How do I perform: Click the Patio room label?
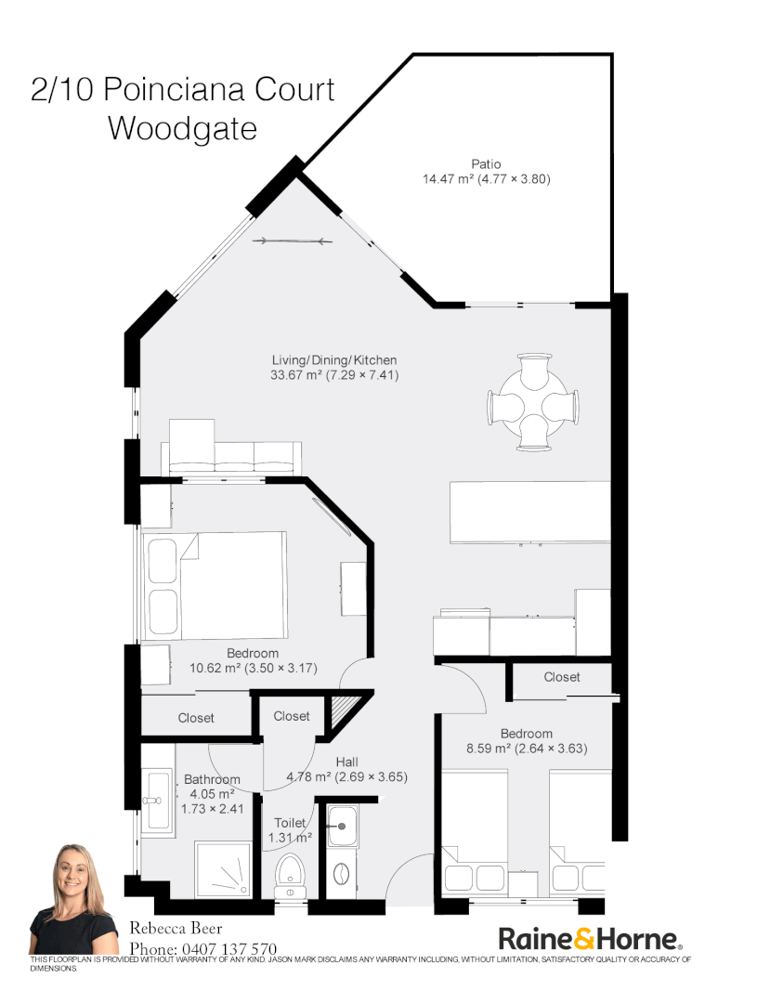[x=486, y=164]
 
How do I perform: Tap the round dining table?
[x=533, y=403]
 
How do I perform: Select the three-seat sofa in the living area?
[x=231, y=455]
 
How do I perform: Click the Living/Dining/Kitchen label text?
[x=334, y=360]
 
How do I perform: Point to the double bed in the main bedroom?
[x=215, y=584]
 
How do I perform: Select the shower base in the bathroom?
[x=223, y=869]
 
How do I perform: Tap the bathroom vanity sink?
[x=157, y=799]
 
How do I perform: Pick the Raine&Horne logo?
[x=592, y=938]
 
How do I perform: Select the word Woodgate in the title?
[x=182, y=128]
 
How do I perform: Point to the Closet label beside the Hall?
[x=292, y=716]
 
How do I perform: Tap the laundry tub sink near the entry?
[x=342, y=826]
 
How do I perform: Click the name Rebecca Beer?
[x=175, y=928]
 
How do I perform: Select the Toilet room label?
[x=291, y=823]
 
